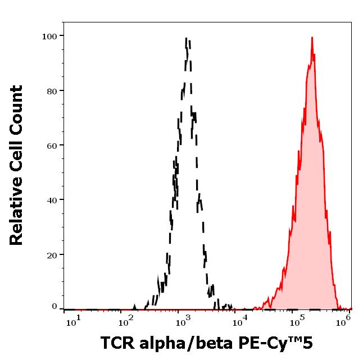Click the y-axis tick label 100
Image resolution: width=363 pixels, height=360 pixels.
point(50,36)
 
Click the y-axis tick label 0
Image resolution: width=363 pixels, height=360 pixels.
point(55,307)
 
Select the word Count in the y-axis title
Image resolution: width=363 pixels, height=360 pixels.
point(17,111)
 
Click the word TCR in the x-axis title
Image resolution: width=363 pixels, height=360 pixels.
point(117,343)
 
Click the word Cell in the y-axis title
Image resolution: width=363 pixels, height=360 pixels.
point(17,156)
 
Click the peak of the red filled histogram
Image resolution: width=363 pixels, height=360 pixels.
point(312,38)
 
